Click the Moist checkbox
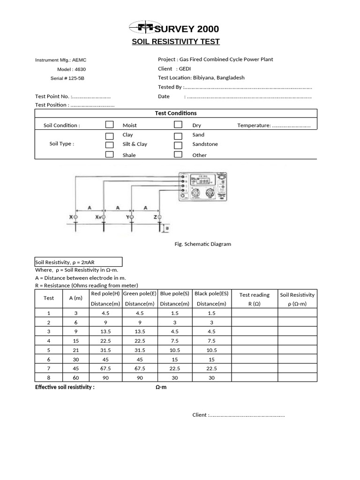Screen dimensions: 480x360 click(109, 125)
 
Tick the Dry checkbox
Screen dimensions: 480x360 click(178, 125)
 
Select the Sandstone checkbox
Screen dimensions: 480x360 click(178, 145)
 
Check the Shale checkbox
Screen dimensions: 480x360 click(109, 155)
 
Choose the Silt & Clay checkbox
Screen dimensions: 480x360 click(109, 145)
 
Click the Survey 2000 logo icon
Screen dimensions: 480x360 click(142, 28)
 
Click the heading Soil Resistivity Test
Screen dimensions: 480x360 click(175, 42)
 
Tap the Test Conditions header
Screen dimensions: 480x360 click(176, 113)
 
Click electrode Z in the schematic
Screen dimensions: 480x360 click(159, 217)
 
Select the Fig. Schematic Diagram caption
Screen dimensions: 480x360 click(202, 244)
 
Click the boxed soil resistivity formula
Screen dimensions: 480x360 click(78, 262)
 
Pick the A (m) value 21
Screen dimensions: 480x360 click(75, 350)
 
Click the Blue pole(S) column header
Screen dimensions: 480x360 click(174, 294)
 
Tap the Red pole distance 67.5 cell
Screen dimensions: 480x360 click(105, 368)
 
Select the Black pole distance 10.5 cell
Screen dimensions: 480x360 click(211, 350)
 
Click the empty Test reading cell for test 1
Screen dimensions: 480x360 click(254, 313)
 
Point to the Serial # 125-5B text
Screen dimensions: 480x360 click(67, 78)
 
